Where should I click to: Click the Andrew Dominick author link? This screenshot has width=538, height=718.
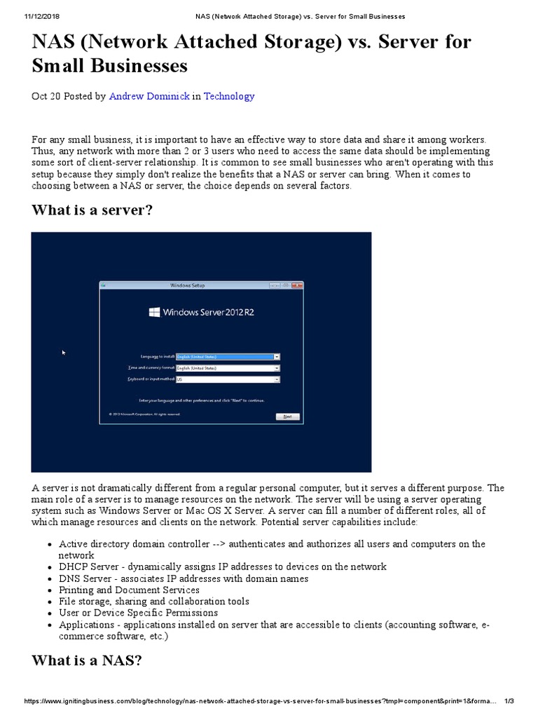pyautogui.click(x=149, y=96)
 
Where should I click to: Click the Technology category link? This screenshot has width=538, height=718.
pyautogui.click(x=229, y=96)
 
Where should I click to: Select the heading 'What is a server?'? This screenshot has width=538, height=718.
pyautogui.click(x=92, y=211)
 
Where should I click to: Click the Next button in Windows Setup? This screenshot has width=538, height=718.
pyautogui.click(x=287, y=416)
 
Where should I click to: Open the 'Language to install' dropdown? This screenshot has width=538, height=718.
pyautogui.click(x=277, y=356)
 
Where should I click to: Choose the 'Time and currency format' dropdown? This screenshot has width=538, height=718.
pyautogui.click(x=277, y=367)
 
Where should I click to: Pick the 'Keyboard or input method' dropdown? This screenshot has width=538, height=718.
pyautogui.click(x=277, y=379)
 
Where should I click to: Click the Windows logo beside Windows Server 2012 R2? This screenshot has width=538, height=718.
pyautogui.click(x=154, y=312)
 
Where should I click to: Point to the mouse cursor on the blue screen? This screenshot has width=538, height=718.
pyautogui.click(x=64, y=353)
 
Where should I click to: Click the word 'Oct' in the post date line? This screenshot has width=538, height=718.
pyautogui.click(x=39, y=96)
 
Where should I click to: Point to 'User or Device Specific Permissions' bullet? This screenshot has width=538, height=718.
pyautogui.click(x=138, y=613)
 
